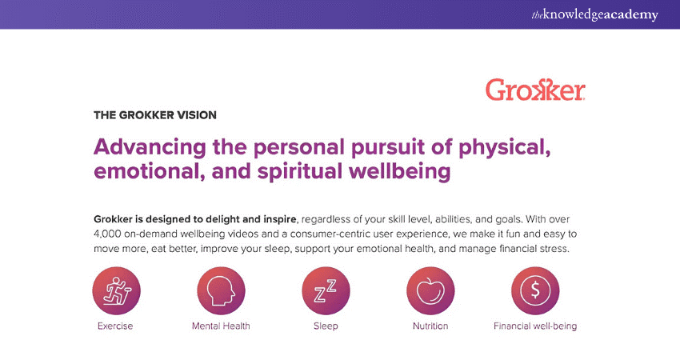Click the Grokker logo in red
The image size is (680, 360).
(x=535, y=90)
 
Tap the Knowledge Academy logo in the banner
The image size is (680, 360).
(x=594, y=14)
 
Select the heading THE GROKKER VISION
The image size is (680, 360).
(x=155, y=115)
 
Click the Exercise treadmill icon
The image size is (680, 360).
(x=116, y=290)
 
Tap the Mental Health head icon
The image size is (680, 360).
(x=221, y=290)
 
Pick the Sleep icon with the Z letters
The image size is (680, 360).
(x=326, y=290)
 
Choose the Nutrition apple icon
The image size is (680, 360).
(x=430, y=290)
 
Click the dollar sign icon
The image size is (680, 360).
(x=535, y=290)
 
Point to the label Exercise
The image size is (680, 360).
(x=115, y=326)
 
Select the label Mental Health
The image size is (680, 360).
(x=221, y=326)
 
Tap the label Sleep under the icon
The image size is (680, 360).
(x=326, y=326)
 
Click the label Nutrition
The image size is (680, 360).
(x=430, y=326)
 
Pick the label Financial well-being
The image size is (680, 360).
(x=535, y=326)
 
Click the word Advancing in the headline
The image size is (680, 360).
(x=150, y=147)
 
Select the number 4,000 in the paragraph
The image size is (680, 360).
(x=107, y=234)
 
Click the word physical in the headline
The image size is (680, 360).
(x=504, y=148)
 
